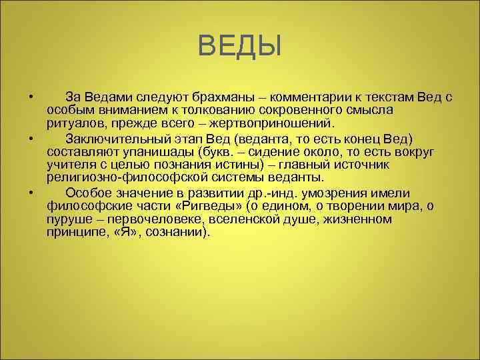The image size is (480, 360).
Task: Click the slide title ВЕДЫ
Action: (x=240, y=47)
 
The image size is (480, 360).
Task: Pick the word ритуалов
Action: (x=73, y=123)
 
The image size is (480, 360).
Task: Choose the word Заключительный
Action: (x=118, y=139)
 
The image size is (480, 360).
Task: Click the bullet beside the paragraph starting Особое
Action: (x=31, y=193)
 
